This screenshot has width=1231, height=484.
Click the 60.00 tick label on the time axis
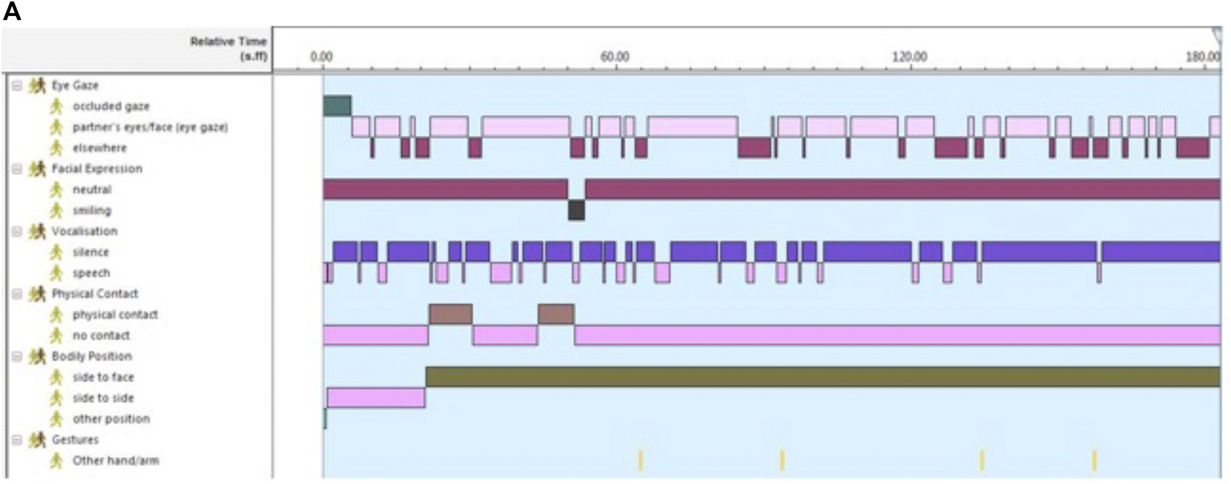pyautogui.click(x=615, y=56)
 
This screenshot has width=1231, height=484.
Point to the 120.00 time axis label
pyautogui.click(x=909, y=56)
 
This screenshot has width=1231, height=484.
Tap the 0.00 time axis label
pyautogui.click(x=321, y=56)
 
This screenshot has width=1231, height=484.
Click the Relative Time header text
pyautogui.click(x=229, y=48)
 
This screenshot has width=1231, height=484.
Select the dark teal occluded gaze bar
pyautogui.click(x=337, y=106)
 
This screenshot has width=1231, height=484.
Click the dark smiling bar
pyautogui.click(x=576, y=210)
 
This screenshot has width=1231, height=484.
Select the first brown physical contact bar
pyautogui.click(x=450, y=314)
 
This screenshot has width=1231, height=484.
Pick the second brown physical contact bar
pyautogui.click(x=556, y=314)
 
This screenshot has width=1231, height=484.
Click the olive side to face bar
pyautogui.click(x=823, y=376)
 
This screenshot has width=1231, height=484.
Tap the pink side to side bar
pyautogui.click(x=376, y=397)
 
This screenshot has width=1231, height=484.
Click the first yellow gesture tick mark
pyautogui.click(x=641, y=460)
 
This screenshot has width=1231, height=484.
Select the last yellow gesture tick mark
pyautogui.click(x=1094, y=460)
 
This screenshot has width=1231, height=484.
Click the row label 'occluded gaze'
pyautogui.click(x=110, y=106)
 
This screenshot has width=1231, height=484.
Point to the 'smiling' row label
pyautogui.click(x=92, y=210)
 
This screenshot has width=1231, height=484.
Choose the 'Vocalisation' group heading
pyautogui.click(x=84, y=231)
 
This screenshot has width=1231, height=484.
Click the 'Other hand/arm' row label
pyautogui.click(x=115, y=460)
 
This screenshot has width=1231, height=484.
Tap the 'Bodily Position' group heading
pyautogui.click(x=92, y=356)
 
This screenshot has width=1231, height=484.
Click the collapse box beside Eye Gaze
pyautogui.click(x=17, y=85)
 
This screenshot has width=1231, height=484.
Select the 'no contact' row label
pyautogui.click(x=101, y=335)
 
